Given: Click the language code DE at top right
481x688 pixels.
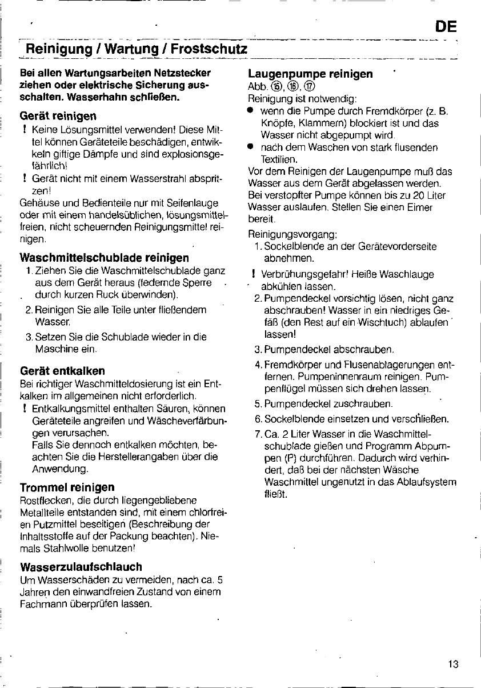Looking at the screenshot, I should pos(446,27).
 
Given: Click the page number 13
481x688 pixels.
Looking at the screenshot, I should pos(453,663).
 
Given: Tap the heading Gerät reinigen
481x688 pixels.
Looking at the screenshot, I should pos(58,116).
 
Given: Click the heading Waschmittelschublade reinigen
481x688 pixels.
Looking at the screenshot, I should pos(105,258).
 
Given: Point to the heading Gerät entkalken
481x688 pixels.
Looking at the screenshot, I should pos(62,371).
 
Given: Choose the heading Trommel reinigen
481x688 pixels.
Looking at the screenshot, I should pos(67,487).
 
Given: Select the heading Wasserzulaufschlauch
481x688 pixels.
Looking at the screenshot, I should pos(81,567).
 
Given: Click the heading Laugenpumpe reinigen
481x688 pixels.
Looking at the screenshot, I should pos(311,74).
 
